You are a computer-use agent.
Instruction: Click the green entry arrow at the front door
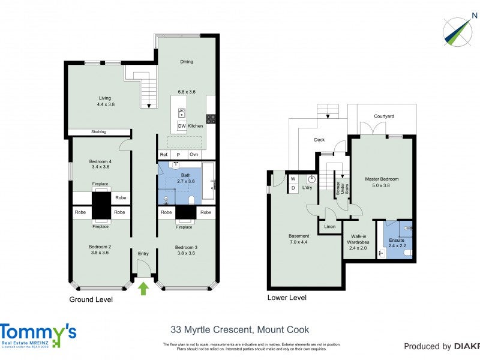[x=143, y=289]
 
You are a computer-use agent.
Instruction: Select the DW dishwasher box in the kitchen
[x=181, y=126]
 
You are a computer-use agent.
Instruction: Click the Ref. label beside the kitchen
[x=164, y=154]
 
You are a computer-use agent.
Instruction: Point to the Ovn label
[x=193, y=154]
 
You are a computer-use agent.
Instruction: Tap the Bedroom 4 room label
[x=100, y=161]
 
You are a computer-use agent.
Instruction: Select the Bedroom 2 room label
[x=100, y=247]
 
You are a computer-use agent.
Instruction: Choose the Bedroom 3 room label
[x=186, y=247]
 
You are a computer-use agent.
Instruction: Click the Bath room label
[x=185, y=175]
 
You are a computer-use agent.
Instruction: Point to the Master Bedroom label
[x=382, y=179]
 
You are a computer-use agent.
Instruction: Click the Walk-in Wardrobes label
[x=359, y=239]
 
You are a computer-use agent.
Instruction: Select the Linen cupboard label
[x=329, y=226]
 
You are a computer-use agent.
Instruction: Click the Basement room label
[x=299, y=236]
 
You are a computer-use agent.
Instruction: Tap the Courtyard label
[x=383, y=116]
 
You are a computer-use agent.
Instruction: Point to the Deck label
[x=319, y=140]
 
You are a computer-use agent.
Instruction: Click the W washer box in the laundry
[x=293, y=179]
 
